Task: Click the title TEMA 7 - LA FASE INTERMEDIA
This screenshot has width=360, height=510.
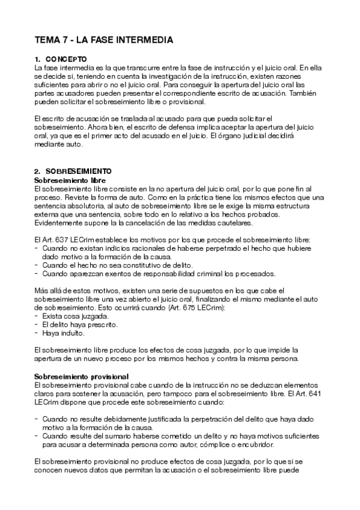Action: (x=104, y=41)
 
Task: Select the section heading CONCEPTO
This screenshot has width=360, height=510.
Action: (x=67, y=60)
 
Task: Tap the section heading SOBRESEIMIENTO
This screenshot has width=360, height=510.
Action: (x=78, y=171)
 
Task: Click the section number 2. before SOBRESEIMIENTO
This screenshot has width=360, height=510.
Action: (x=37, y=171)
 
